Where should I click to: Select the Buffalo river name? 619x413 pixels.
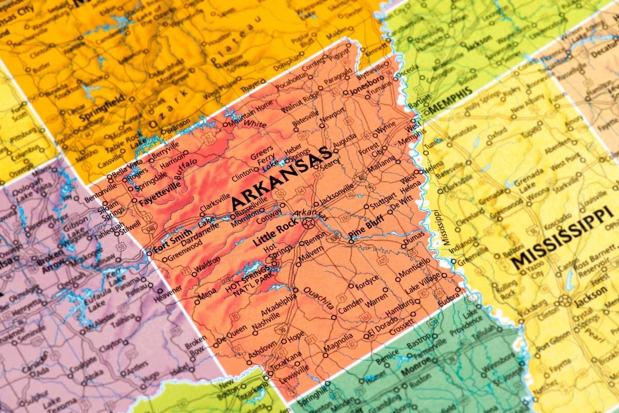[185, 170]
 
